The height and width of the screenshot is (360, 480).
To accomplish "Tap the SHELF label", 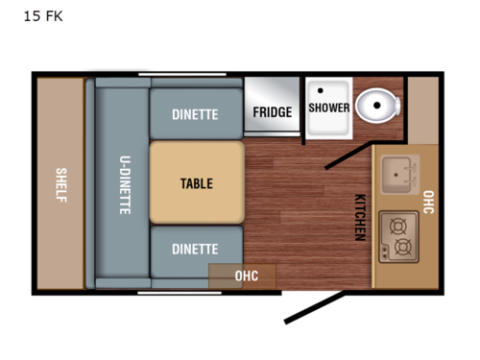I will (60, 180).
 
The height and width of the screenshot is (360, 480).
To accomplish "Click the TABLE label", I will (196, 183).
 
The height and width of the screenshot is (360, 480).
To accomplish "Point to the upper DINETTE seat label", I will (195, 114).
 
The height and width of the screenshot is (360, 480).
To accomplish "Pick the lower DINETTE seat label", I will (195, 249).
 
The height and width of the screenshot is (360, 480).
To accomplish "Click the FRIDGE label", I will (272, 112).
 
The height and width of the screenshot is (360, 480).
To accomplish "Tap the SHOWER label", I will (328, 108).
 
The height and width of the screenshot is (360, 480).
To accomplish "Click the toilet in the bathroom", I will (376, 106).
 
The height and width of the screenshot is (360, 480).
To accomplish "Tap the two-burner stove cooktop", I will (397, 236).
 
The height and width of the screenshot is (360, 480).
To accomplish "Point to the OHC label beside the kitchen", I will (428, 203).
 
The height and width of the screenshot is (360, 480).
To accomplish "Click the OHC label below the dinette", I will (247, 276).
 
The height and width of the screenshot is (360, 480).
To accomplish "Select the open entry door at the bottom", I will (313, 307).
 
